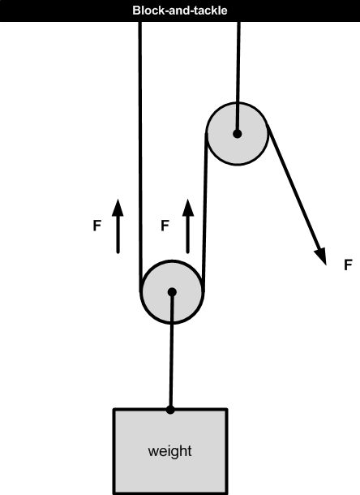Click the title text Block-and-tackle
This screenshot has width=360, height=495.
180,11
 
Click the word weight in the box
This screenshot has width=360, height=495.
169,451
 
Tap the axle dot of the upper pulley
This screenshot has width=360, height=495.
238,134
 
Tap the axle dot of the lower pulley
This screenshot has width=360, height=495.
172,292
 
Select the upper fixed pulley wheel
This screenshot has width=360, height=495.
238,134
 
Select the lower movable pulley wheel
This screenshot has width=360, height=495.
172,292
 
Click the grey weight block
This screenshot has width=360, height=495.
170,452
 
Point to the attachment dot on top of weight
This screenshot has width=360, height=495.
170,410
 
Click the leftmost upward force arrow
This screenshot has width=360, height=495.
118,226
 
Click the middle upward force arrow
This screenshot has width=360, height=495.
188,226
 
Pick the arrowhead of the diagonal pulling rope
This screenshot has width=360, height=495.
321,256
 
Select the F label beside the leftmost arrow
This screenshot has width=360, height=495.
97,226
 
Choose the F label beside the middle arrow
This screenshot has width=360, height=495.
165,226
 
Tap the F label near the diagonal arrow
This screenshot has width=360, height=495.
348,265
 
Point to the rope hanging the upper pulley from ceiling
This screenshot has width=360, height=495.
238,78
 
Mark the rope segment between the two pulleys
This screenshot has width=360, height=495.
205,213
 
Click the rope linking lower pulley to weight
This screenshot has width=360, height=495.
171,351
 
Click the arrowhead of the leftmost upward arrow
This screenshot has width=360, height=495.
118,208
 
